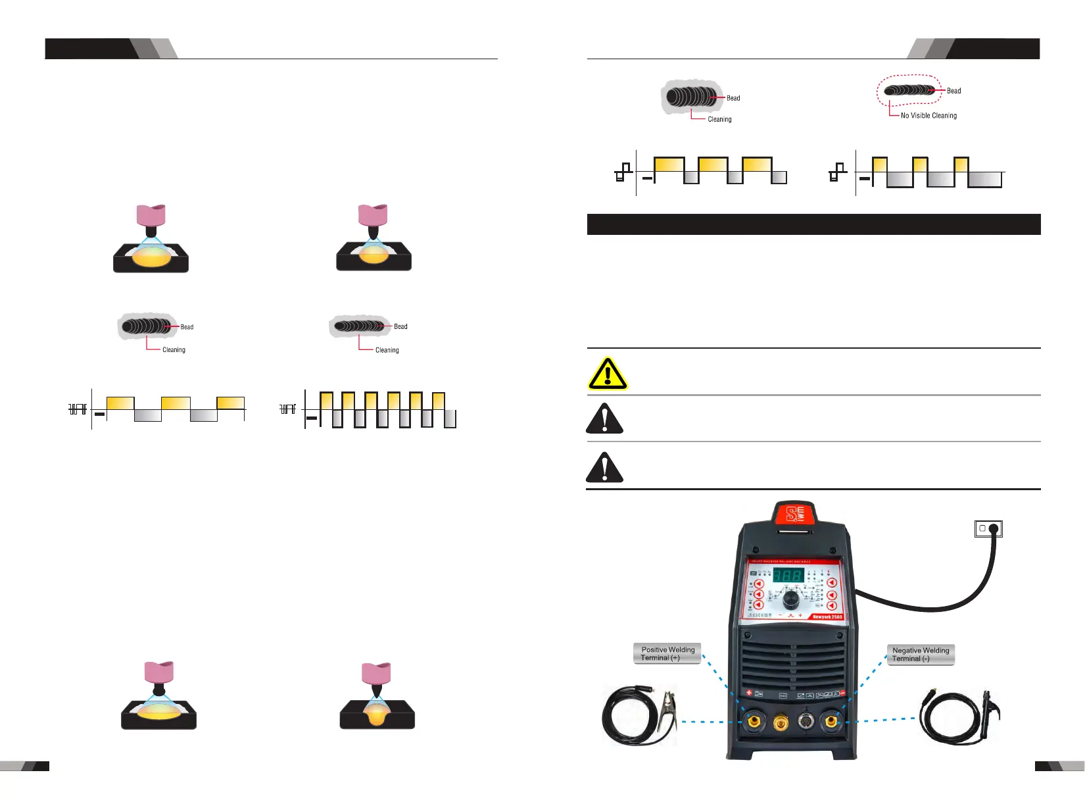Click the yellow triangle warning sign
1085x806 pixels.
coord(608,374)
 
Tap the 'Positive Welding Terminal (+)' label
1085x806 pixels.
coord(667,653)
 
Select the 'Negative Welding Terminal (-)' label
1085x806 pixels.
coord(920,654)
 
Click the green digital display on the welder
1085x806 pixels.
coord(788,576)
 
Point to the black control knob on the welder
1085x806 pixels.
coord(790,599)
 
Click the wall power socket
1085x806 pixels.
coord(988,528)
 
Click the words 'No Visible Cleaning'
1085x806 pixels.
coord(928,116)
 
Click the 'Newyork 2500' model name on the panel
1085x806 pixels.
coord(827,617)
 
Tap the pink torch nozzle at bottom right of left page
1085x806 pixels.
coord(376,673)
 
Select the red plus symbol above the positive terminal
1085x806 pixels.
coord(748,693)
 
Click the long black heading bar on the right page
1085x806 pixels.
coord(813,224)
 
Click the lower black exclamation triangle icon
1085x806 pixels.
coord(604,467)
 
